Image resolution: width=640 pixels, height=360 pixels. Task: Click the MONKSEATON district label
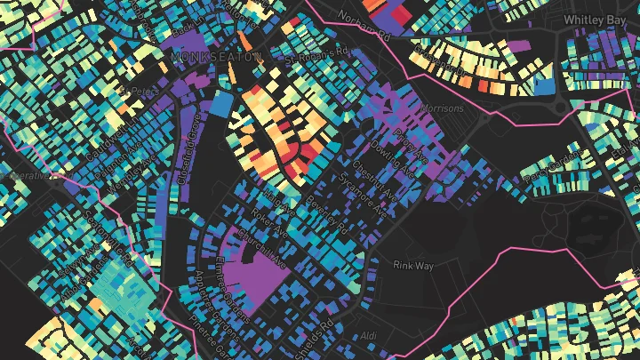pyautogui.click(x=217, y=56)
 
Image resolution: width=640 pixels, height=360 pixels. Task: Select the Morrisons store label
pyautogui.click(x=443, y=108)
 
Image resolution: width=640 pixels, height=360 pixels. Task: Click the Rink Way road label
pyautogui.click(x=412, y=265)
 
